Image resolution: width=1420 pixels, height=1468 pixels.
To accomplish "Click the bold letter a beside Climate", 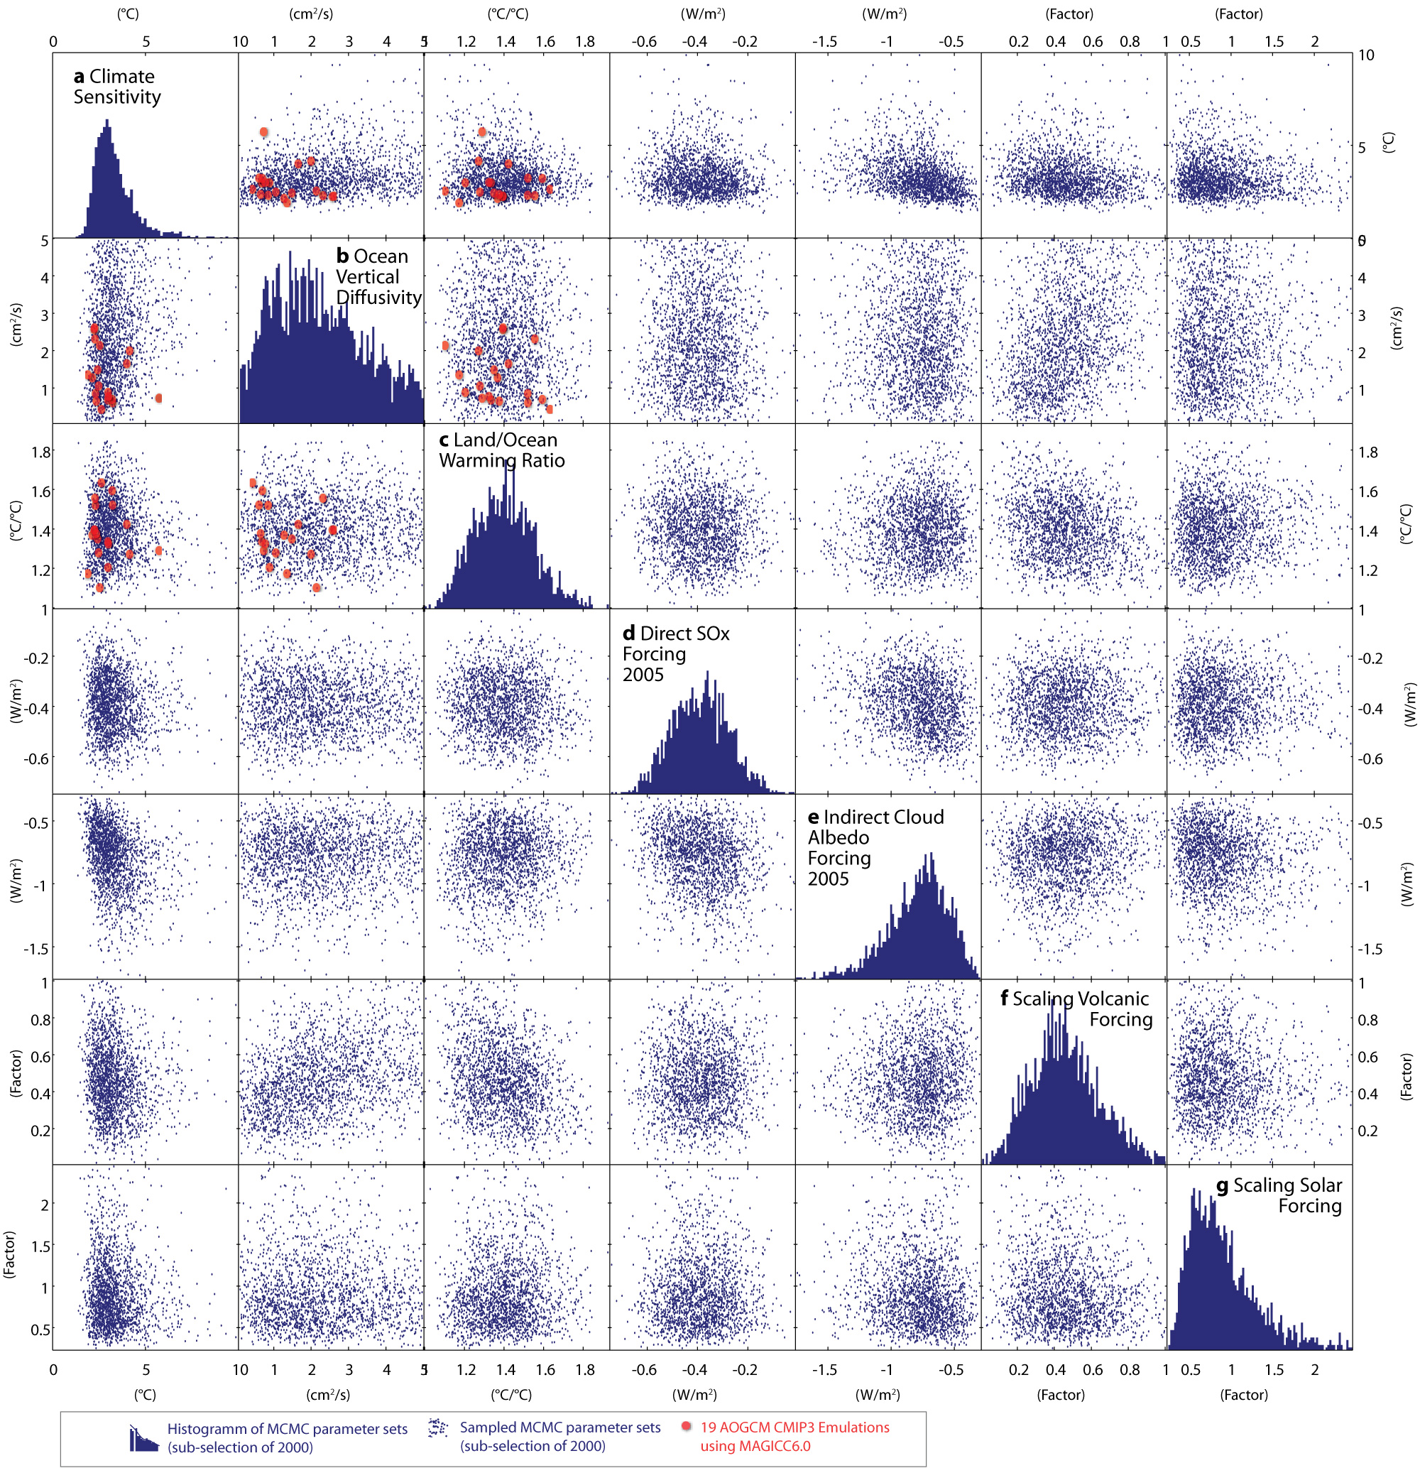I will point(79,77).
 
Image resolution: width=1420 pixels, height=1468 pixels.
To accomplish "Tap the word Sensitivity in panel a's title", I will point(117,97).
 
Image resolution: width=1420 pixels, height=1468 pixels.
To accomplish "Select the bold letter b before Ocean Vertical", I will point(342,257).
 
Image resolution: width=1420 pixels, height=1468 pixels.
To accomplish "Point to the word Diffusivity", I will point(378,298).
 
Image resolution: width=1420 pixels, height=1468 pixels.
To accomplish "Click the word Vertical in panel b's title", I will point(367,277).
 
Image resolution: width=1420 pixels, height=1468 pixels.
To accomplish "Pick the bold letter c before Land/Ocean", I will point(444,440).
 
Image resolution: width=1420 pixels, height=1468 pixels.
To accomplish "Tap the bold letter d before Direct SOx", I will point(629,634).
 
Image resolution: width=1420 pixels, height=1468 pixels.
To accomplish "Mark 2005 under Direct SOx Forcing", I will point(643,675).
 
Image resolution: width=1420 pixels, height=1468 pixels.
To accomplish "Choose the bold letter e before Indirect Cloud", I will point(813,817).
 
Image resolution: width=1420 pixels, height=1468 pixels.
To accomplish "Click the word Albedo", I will point(838,838).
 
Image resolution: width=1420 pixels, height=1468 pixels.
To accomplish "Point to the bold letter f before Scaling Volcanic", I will point(1005,999).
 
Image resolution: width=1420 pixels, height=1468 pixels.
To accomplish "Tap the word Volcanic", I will point(1111,999).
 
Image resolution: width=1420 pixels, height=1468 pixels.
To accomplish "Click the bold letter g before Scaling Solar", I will point(1223,1185).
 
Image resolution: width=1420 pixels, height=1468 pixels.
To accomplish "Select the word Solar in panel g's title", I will point(1315,1185).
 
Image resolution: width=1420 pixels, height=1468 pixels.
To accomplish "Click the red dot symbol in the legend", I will point(685,1427).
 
